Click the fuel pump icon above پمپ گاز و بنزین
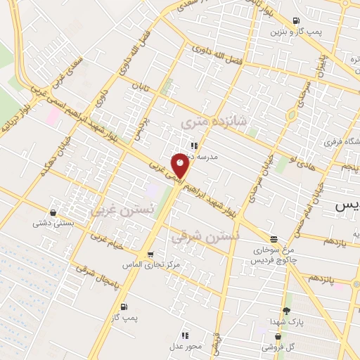(296, 20)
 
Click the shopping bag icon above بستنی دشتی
(53, 212)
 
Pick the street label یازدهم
(336, 241)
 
